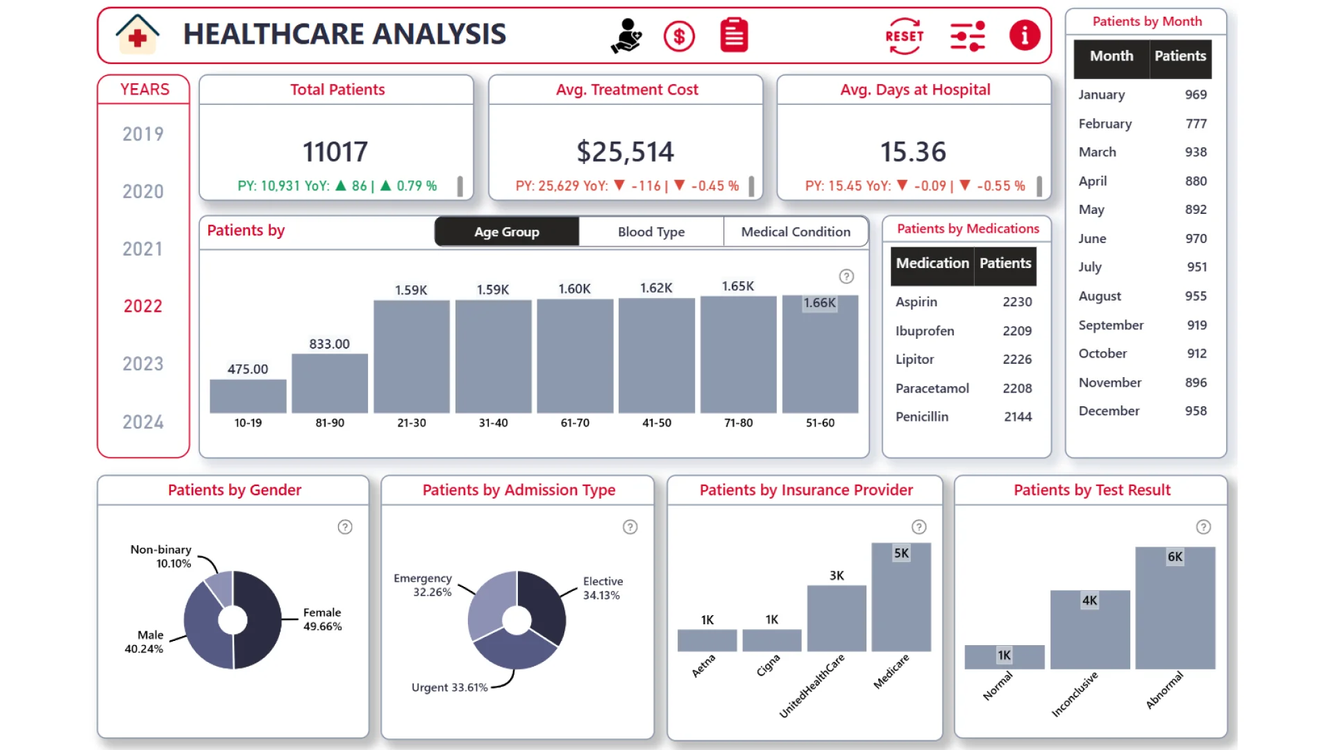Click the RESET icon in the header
click(x=904, y=36)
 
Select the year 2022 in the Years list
click(x=143, y=306)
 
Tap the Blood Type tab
click(x=651, y=232)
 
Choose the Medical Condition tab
click(x=795, y=232)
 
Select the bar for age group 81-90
click(x=330, y=383)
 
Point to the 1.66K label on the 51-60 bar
click(x=819, y=303)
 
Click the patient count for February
click(x=1196, y=124)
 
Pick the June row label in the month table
click(x=1092, y=239)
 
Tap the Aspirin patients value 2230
click(x=1016, y=302)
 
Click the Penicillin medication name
click(x=921, y=417)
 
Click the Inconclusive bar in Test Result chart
click(x=1089, y=630)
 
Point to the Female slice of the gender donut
click(x=258, y=618)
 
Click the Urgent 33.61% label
click(x=449, y=687)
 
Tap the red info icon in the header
click(x=1024, y=35)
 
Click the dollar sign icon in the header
click(x=678, y=36)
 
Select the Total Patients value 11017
click(x=335, y=152)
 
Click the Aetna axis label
click(x=703, y=666)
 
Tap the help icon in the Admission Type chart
click(x=630, y=527)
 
